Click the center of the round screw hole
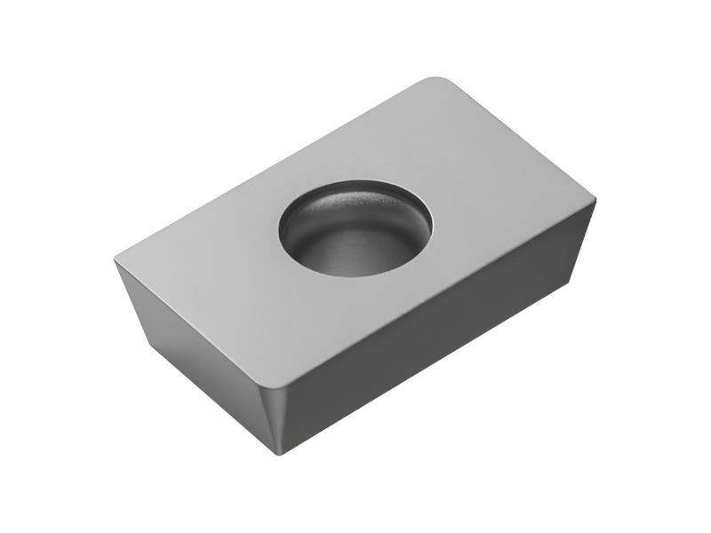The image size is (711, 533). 355,228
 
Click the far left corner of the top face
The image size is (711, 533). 117,261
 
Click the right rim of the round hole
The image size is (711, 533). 432,222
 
